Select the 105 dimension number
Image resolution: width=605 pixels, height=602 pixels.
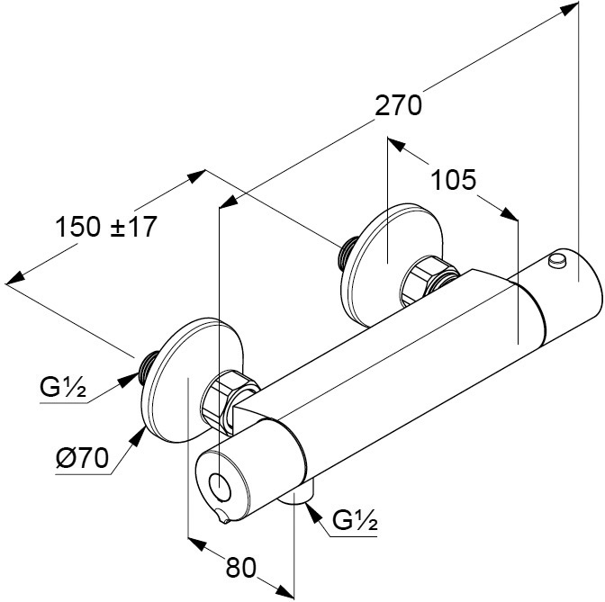[x=453, y=181]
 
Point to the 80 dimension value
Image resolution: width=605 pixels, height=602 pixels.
[x=241, y=567]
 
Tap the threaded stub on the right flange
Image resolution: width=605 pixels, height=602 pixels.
[x=347, y=253]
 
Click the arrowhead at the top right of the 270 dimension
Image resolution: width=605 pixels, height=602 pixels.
[x=570, y=9]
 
